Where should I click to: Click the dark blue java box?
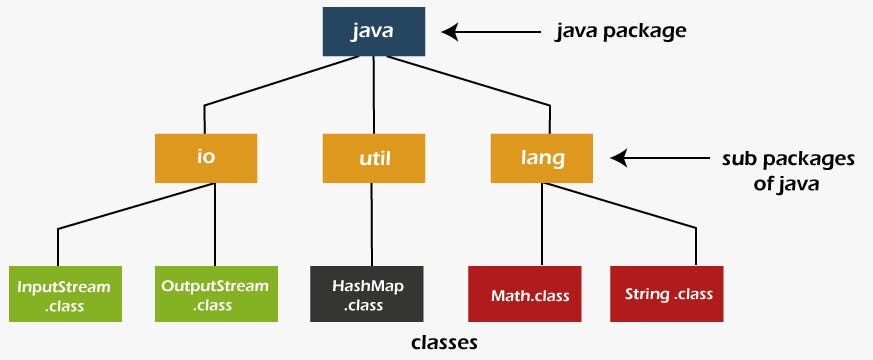tap(374, 32)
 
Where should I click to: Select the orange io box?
tap(206, 157)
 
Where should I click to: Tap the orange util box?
tap(374, 157)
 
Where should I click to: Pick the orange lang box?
tap(542, 157)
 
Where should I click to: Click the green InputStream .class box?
tap(63, 294)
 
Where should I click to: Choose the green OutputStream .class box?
tap(215, 294)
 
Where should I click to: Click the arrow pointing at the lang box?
tap(649, 158)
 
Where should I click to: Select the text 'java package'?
tap(621, 31)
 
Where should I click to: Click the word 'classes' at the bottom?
tap(444, 343)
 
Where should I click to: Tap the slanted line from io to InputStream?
tap(130, 207)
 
